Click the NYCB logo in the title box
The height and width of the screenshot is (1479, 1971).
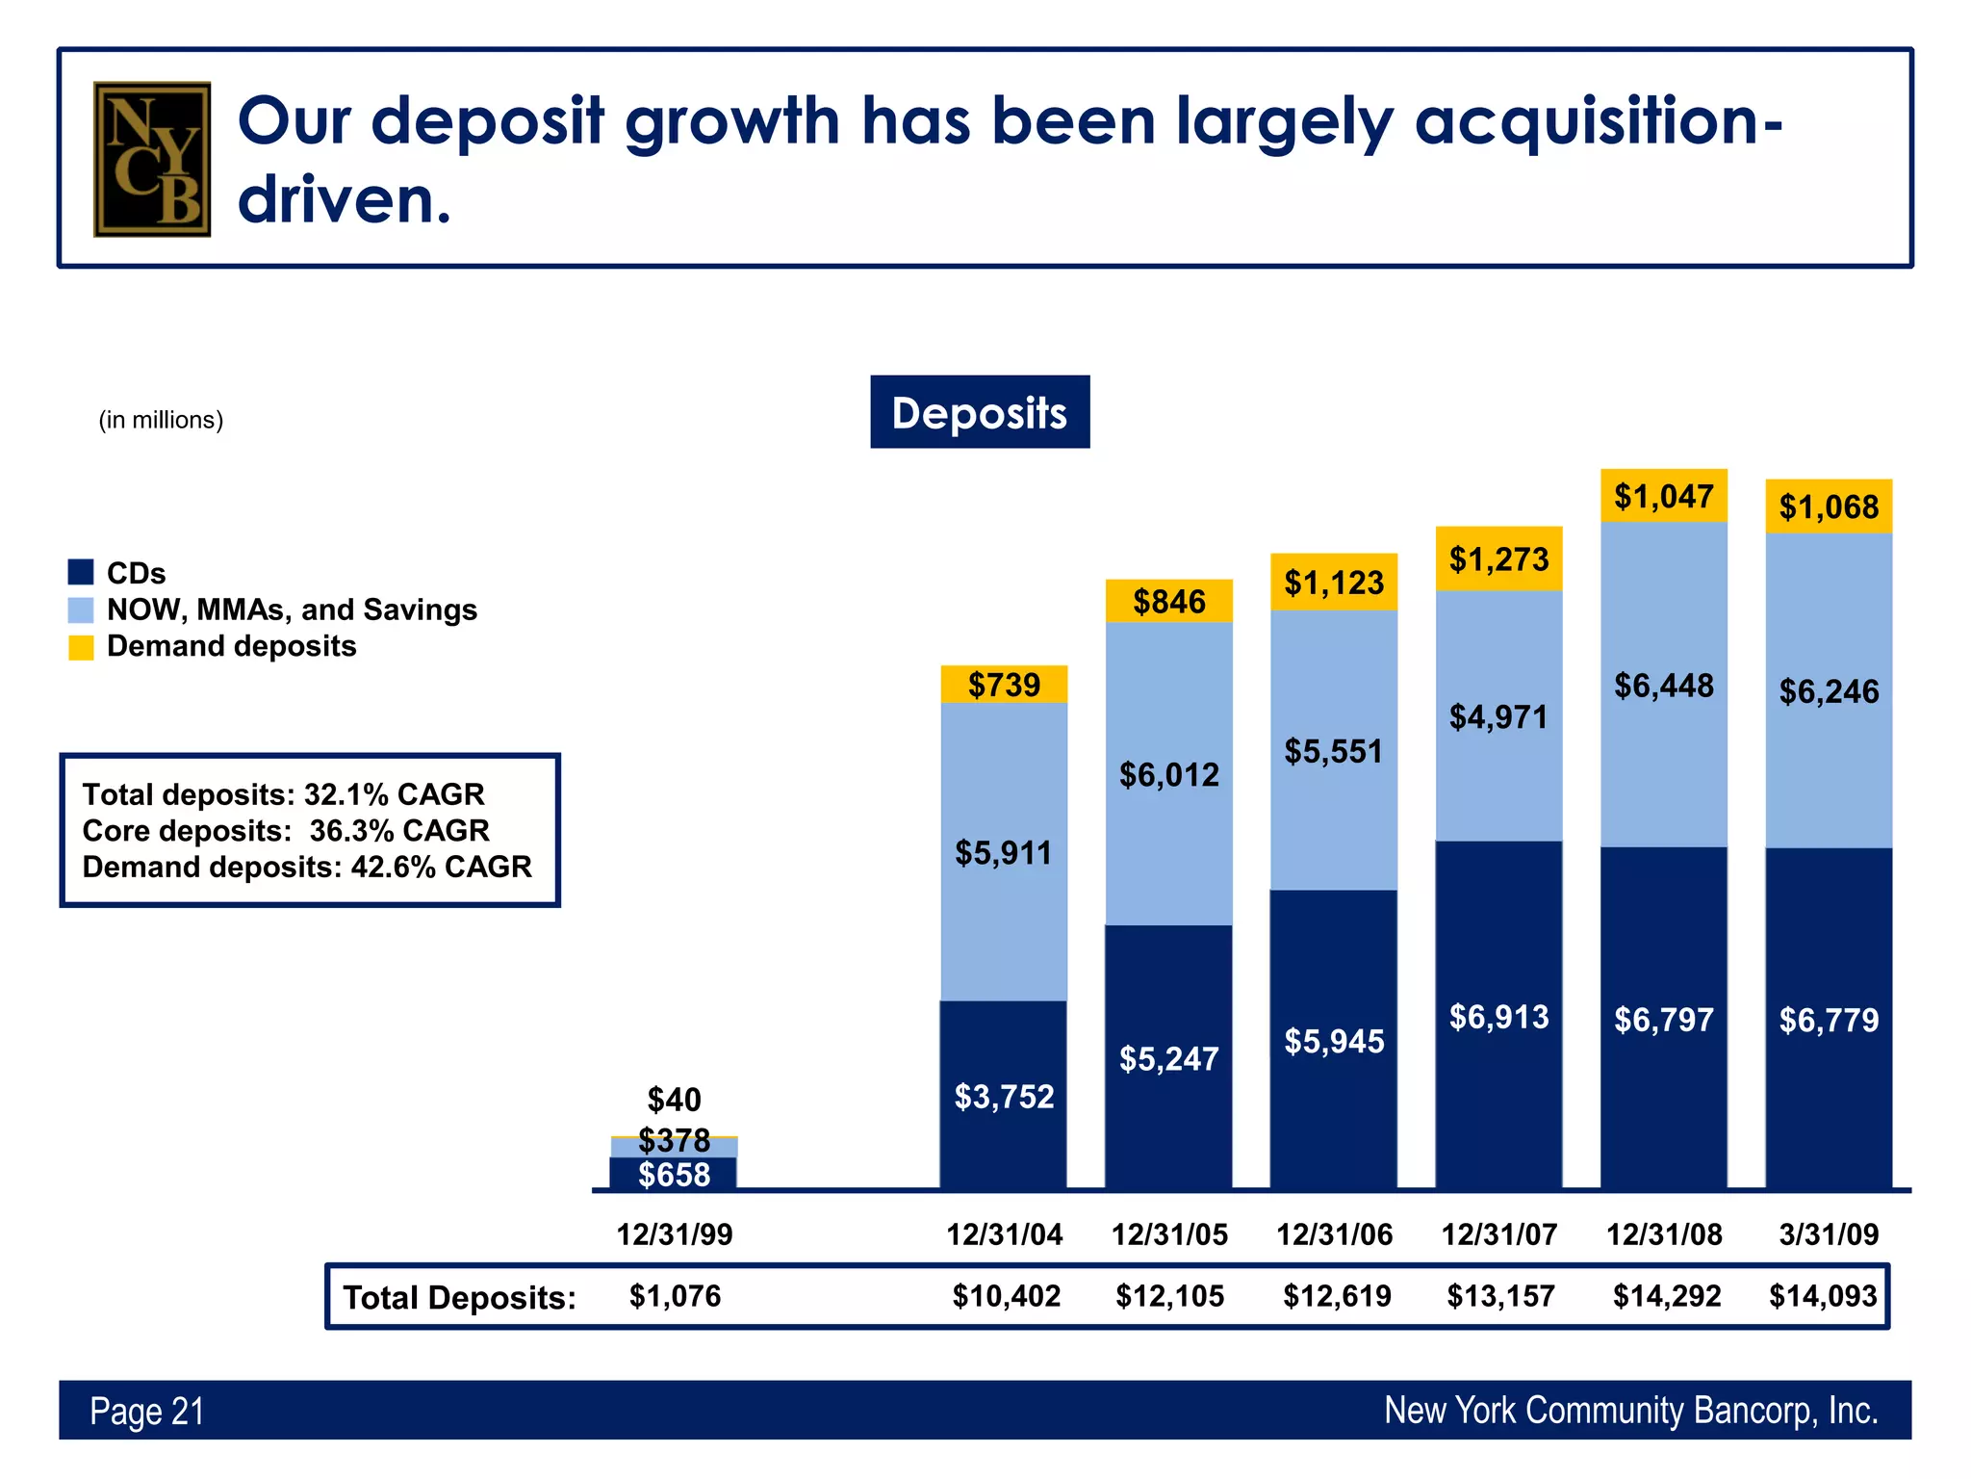coord(152,159)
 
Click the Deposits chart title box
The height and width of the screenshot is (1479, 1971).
coord(980,412)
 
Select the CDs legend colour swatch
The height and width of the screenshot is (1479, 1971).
coord(81,572)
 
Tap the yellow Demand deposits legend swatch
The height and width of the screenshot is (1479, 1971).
coord(81,647)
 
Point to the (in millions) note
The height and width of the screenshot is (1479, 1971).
coord(161,420)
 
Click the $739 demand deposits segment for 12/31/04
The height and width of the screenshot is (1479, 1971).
coord(1004,685)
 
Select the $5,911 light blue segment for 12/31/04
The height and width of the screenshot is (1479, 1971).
coord(1004,852)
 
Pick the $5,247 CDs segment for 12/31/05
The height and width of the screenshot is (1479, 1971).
coord(1168,1058)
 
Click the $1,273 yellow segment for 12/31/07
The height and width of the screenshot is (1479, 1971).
coord(1498,558)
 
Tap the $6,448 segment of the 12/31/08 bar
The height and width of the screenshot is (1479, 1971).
coord(1664,686)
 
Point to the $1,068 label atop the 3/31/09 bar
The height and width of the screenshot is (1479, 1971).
coord(1829,506)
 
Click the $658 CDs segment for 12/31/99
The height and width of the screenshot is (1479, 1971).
coord(674,1174)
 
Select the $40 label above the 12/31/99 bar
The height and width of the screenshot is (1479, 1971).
coord(674,1099)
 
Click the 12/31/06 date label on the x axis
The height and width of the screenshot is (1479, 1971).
coord(1334,1234)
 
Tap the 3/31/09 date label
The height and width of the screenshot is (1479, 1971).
coord(1829,1234)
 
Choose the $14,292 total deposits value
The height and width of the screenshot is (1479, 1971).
coord(1667,1296)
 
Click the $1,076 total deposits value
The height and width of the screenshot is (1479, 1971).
coord(675,1296)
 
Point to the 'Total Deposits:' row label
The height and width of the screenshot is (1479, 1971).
coord(459,1298)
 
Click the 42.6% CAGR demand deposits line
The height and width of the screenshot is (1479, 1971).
coord(307,867)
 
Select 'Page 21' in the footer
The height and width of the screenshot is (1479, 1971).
coord(147,1411)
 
